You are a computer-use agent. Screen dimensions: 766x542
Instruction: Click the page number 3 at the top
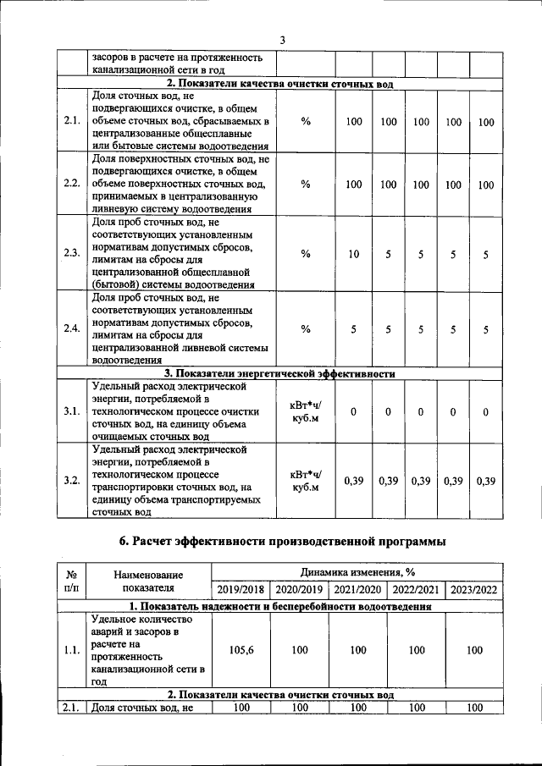coord(283,41)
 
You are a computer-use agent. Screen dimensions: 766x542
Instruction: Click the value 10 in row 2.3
coord(354,254)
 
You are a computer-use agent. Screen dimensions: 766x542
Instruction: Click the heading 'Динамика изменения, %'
coord(356,573)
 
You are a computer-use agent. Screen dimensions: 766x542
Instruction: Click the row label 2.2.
coord(71,184)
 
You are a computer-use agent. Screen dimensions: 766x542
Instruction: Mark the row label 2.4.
coord(71,328)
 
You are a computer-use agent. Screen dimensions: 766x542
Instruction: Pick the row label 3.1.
coord(71,411)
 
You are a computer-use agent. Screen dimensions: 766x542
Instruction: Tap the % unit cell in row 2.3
coord(305,254)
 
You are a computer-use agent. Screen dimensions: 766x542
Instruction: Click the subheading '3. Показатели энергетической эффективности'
coord(279,372)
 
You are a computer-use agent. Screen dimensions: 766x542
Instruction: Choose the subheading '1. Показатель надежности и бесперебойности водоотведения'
coord(279,607)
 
